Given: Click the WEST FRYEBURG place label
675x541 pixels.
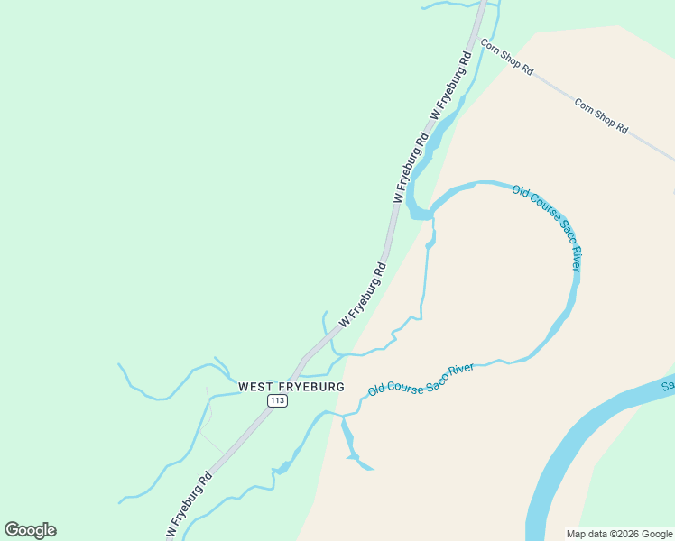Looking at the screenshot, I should tap(291, 386).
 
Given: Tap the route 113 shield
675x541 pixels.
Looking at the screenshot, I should tap(277, 400).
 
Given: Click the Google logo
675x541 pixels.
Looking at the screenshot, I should tap(30, 530).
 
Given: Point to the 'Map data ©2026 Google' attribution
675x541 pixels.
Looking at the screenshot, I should tap(620, 534).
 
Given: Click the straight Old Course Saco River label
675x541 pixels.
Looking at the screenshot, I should tap(421, 380).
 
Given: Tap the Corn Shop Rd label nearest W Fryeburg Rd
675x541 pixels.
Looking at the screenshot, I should tap(507, 57).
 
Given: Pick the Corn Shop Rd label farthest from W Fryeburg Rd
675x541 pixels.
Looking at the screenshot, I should tap(601, 116).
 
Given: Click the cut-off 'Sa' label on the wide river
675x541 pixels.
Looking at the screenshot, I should tap(667, 387).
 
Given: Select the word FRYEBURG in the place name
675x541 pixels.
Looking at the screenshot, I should tap(311, 386).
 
